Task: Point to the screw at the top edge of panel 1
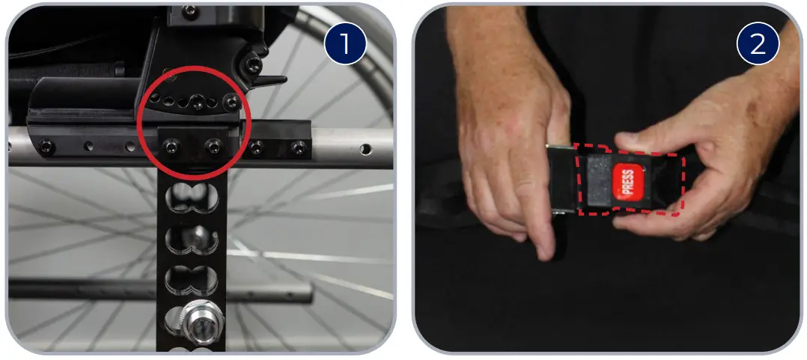189,10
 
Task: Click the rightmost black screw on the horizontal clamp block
297,147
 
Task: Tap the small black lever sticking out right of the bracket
275,79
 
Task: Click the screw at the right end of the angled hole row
234,101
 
